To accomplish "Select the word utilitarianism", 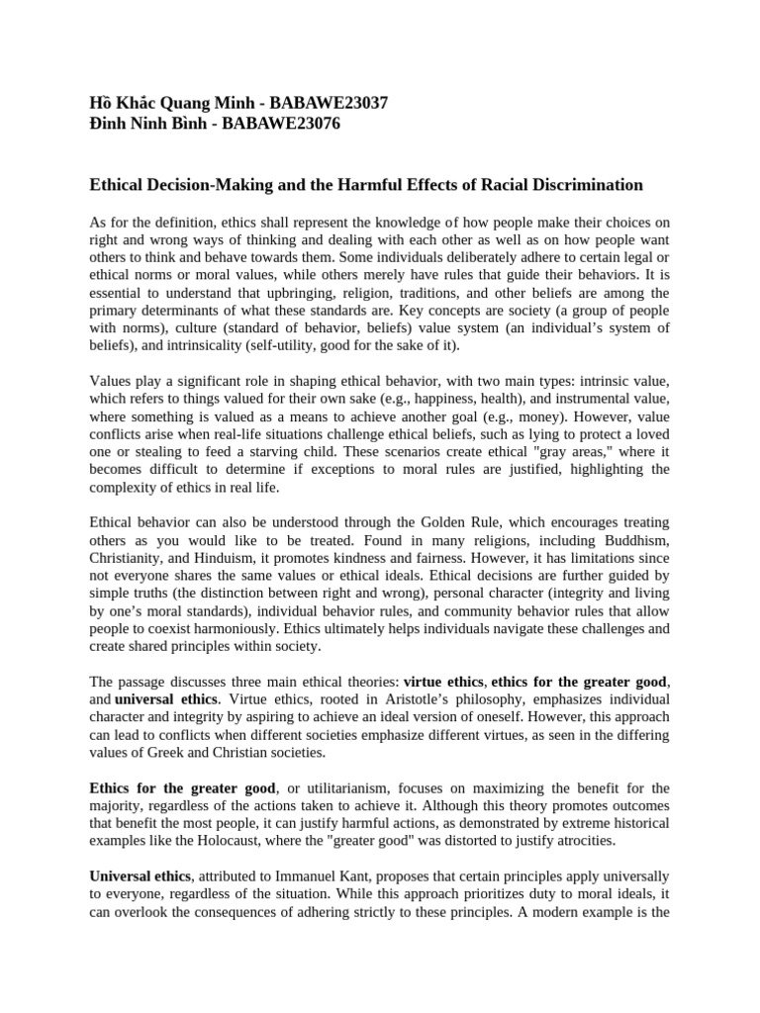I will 338,787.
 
